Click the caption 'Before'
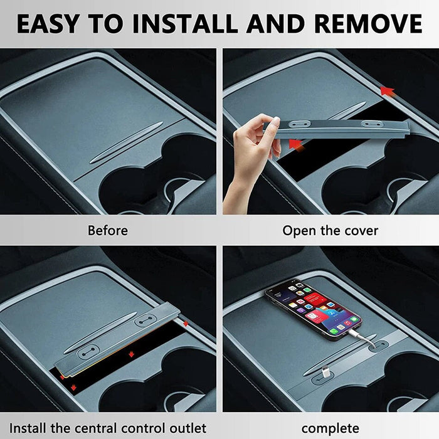click(x=108, y=231)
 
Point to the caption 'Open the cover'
click(x=330, y=231)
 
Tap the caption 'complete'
click(x=331, y=428)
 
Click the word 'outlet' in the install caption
click(x=188, y=428)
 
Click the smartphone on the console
click(x=314, y=309)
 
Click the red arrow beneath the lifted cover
click(x=295, y=145)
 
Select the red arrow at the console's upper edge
click(x=388, y=92)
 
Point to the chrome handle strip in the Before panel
click(x=126, y=143)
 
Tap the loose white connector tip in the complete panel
click(x=325, y=374)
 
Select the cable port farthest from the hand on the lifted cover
click(x=372, y=124)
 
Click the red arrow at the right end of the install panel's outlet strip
click(x=186, y=324)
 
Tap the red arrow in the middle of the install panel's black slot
click(x=131, y=354)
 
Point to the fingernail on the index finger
click(x=276, y=120)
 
